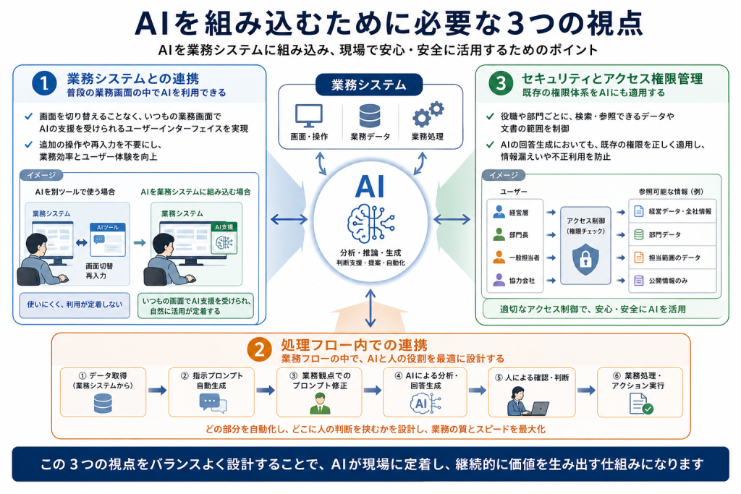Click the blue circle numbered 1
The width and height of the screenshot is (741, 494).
click(x=44, y=83)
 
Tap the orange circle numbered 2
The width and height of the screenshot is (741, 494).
click(x=259, y=350)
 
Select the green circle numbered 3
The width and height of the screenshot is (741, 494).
click(x=501, y=83)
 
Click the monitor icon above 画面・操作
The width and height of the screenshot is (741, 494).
click(x=308, y=116)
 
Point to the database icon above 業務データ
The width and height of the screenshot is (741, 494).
click(x=370, y=116)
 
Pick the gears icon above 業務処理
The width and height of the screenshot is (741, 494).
click(x=428, y=114)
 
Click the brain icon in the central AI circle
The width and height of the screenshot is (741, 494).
click(x=370, y=224)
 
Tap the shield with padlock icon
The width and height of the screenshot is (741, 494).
click(x=585, y=258)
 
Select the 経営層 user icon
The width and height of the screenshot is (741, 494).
click(x=499, y=212)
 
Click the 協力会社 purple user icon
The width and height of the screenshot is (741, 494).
click(x=499, y=280)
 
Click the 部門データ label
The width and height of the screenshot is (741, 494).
click(x=664, y=235)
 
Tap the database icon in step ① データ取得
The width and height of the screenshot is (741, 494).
click(x=103, y=404)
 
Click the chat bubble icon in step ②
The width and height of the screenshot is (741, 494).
click(x=213, y=404)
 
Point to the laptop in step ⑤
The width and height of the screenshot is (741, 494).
click(x=538, y=409)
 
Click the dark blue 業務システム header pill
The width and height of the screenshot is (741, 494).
click(x=368, y=85)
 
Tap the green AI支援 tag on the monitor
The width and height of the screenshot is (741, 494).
click(x=224, y=226)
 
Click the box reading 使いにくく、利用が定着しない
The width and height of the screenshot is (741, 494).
click(x=75, y=305)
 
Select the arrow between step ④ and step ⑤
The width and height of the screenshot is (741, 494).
click(x=478, y=390)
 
